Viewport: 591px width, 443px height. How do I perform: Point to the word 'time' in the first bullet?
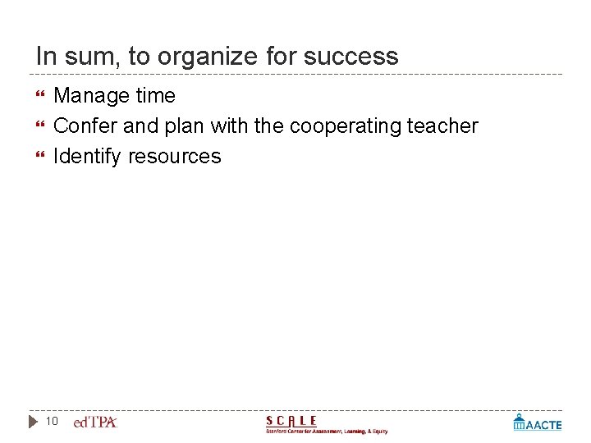[x=156, y=96]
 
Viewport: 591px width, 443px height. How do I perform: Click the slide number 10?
[x=52, y=422]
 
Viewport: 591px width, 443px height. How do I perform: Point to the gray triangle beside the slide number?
[x=33, y=422]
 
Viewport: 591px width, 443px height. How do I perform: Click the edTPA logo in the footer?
[x=95, y=422]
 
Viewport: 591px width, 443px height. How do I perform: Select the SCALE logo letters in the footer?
[x=291, y=420]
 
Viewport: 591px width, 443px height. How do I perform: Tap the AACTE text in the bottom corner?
[x=543, y=425]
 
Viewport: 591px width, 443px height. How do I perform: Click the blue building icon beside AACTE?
[x=519, y=422]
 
